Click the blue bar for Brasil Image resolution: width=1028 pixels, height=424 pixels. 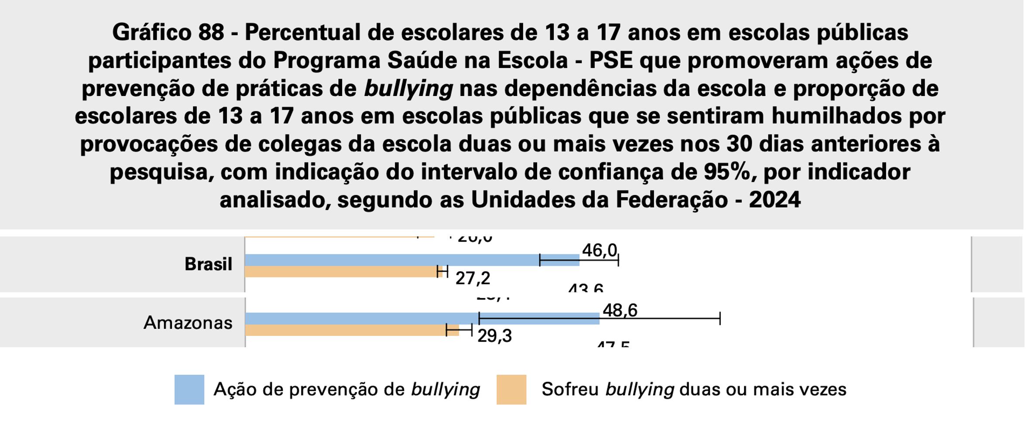point(393,260)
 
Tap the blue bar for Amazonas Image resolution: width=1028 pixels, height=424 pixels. point(362,318)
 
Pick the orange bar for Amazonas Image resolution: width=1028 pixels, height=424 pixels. point(345,330)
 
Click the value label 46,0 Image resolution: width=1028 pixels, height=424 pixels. point(599,250)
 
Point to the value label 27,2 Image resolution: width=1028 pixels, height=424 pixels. point(473,278)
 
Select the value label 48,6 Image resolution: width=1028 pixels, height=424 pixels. point(620,311)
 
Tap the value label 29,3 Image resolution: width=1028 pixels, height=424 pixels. point(494,336)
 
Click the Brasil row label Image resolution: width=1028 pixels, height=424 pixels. point(208,264)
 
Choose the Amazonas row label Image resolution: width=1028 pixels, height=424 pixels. point(188,323)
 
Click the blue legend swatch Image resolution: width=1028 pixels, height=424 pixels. point(189,390)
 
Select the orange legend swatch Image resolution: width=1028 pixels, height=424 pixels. point(511,390)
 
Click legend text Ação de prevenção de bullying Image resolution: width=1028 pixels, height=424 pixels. point(346,390)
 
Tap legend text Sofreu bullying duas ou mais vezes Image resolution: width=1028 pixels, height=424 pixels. point(693,390)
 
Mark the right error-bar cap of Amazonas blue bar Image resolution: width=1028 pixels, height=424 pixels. point(720,318)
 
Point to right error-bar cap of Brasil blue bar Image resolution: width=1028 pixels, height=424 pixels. point(618,260)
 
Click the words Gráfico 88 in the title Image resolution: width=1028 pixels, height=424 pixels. point(168,33)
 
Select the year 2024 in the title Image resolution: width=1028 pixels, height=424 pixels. point(774,200)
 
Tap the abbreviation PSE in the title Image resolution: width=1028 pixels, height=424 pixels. point(610,61)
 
